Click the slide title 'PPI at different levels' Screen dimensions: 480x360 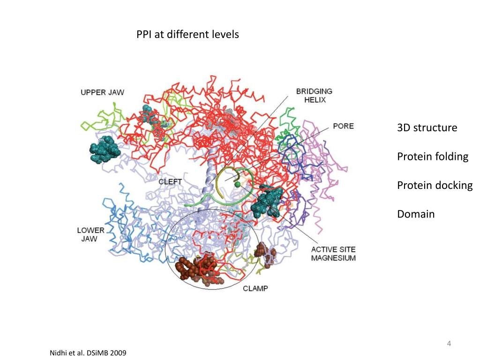click(187, 35)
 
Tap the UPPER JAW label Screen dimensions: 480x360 click(102, 92)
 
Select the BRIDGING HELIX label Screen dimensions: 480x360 click(314, 95)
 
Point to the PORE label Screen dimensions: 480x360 click(343, 126)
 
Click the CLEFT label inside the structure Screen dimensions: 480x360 click(170, 181)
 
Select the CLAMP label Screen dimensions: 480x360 click(255, 288)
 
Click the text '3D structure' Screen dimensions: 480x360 click(427, 127)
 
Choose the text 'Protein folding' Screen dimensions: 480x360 click(432, 157)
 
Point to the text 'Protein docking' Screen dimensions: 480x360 click(435, 185)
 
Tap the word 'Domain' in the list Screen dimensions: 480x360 click(416, 214)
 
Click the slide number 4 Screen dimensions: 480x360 click(449, 345)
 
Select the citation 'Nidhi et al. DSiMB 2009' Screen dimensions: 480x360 click(88, 352)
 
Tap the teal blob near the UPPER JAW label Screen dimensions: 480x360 click(105, 149)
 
